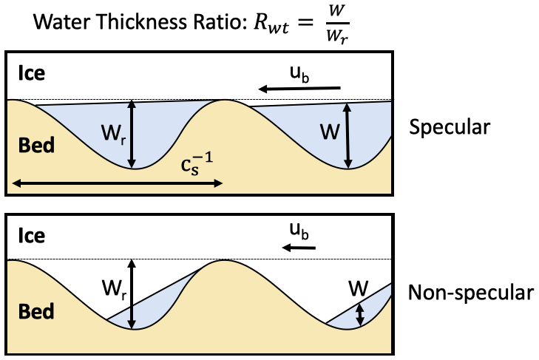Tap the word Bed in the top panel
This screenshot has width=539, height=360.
tap(35, 145)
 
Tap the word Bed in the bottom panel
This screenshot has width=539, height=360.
tap(35, 311)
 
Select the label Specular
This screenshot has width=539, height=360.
tap(450, 127)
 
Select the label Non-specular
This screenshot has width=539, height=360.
tap(471, 293)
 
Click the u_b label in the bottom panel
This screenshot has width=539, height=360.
tap(300, 233)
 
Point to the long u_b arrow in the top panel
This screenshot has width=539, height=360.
tap(299, 89)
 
